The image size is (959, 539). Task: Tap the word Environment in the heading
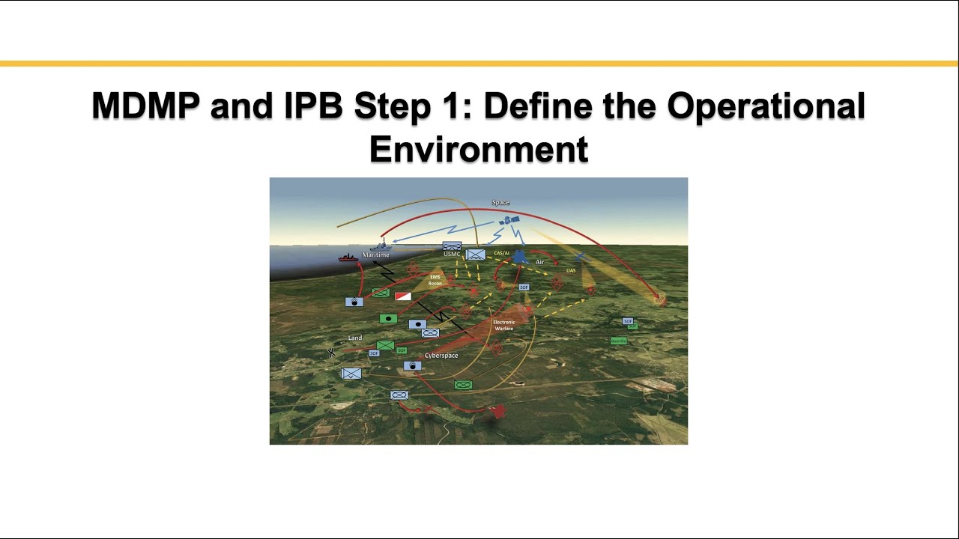click(x=478, y=149)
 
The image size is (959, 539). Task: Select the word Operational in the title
click(x=766, y=106)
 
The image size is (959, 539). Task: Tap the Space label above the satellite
click(x=500, y=203)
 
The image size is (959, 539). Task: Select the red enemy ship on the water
click(x=348, y=258)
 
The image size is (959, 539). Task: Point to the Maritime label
click(x=375, y=255)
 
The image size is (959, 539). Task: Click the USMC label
click(x=451, y=255)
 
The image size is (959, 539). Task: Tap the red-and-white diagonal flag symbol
click(x=402, y=296)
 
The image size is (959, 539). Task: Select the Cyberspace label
click(x=441, y=356)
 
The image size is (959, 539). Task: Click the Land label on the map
click(x=355, y=338)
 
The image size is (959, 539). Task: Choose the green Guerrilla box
click(x=618, y=341)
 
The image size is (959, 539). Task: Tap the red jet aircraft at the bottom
click(x=497, y=411)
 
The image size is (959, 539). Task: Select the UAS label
click(x=571, y=270)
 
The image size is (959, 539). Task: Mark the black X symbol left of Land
click(x=331, y=353)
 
